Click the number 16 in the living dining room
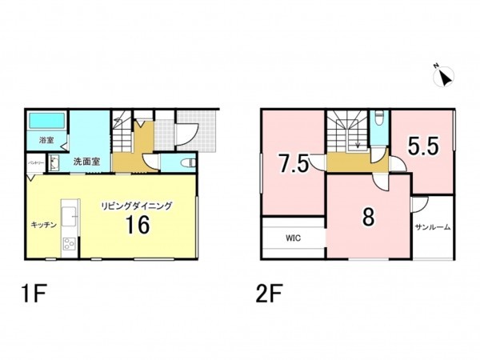(x=137, y=225)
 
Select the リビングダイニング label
(x=136, y=206)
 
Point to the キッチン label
(x=44, y=226)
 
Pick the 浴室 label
(x=46, y=141)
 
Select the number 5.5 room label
(x=422, y=146)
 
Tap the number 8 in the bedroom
(x=367, y=217)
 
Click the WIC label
(x=293, y=238)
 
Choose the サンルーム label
(x=432, y=228)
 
